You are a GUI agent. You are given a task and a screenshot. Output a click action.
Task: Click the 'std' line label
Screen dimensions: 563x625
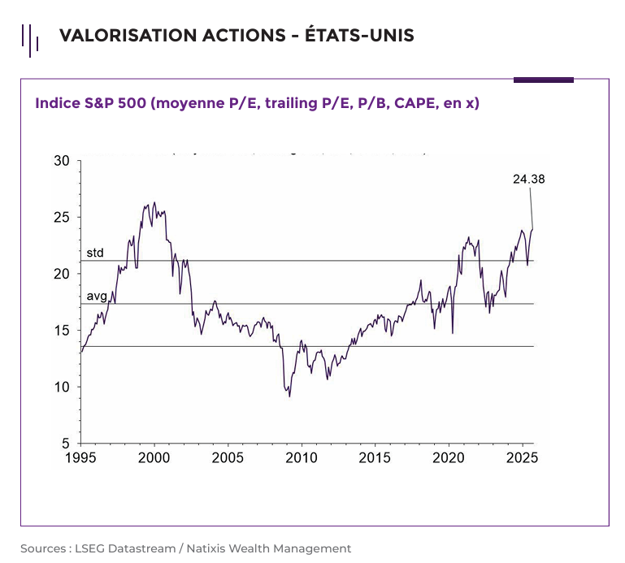coord(95,253)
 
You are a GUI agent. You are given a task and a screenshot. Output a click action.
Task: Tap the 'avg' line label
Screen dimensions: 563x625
coord(97,297)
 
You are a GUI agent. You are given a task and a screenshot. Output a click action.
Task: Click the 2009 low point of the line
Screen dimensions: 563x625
coord(289,396)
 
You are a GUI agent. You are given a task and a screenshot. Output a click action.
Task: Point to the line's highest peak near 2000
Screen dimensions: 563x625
coord(154,203)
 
